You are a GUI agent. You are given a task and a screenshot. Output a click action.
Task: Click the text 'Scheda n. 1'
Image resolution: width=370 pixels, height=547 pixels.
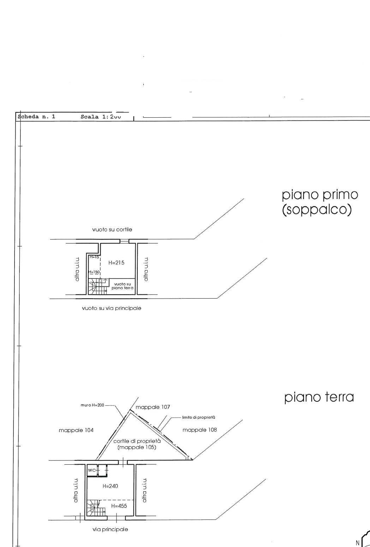36,117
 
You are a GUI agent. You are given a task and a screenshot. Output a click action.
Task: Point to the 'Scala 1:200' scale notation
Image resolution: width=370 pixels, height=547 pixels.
101,117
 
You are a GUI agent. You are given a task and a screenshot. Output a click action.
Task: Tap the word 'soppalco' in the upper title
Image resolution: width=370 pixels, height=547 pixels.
317,210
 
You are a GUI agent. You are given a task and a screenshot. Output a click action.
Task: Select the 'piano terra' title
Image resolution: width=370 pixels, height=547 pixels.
319,397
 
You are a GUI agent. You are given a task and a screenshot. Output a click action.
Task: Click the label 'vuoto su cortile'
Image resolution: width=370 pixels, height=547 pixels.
112,230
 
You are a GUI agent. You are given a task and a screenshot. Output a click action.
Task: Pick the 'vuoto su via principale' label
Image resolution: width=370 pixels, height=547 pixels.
112,308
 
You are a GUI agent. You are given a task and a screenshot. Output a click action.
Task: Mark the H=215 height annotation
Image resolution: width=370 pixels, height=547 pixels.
116,263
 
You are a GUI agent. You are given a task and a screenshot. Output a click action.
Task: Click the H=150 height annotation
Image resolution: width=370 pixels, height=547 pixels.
94,272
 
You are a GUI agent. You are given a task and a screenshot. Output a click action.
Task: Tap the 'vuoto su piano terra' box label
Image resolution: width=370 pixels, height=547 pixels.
123,286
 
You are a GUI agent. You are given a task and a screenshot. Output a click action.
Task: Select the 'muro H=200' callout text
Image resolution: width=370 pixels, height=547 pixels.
92,405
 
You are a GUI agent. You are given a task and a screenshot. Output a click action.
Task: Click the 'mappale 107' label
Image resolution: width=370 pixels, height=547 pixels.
153,407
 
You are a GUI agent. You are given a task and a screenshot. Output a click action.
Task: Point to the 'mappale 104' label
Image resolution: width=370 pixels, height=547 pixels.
76,430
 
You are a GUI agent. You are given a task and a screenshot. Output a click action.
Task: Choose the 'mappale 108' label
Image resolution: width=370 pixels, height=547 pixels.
199,430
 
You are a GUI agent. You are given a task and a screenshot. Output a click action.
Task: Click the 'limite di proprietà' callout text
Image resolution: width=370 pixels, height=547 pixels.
199,417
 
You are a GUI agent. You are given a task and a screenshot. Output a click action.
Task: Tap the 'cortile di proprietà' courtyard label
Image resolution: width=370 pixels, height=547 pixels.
137,441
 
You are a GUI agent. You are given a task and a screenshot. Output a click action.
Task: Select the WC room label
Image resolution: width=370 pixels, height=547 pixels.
91,470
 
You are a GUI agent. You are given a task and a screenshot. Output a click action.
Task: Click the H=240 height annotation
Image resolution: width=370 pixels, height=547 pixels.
110,486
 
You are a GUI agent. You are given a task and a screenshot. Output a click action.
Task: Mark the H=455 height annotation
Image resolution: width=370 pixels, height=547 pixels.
119,506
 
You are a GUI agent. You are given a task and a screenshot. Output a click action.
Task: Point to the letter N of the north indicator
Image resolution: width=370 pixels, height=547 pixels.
357,543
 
